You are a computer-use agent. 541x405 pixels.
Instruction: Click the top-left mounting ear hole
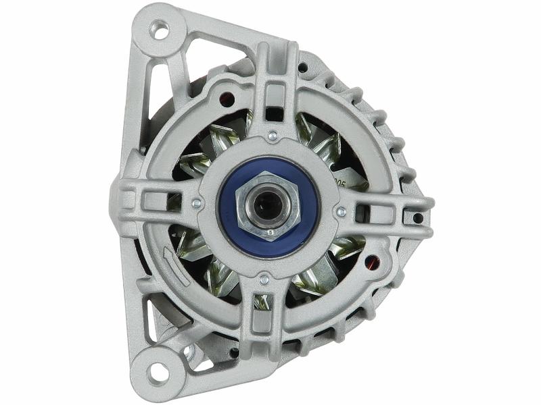(160, 30)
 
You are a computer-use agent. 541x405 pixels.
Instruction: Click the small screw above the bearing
(272, 136)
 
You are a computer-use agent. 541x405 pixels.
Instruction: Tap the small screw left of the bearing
(196, 202)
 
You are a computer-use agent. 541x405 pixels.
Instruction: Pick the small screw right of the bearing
(341, 211)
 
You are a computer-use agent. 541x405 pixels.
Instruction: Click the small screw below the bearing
(264, 279)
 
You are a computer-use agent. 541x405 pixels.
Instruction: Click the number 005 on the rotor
(340, 182)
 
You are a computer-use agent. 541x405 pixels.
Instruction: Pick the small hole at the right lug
(417, 217)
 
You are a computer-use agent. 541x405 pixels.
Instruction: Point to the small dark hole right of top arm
(302, 67)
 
